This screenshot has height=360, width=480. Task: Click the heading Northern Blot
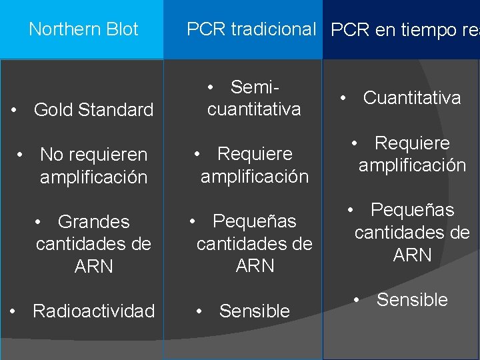83,29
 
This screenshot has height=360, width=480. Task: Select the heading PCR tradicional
251,29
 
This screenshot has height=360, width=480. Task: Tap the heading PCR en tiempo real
404,30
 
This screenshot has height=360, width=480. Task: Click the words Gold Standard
93,110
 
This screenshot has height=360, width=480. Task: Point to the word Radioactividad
93,311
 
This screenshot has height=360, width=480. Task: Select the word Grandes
93,221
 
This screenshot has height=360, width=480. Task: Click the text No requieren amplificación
93,166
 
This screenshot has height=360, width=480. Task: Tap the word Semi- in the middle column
254,87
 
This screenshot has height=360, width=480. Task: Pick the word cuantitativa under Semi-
254,109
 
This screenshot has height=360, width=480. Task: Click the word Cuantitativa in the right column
411,98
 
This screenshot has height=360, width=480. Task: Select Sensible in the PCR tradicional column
254,311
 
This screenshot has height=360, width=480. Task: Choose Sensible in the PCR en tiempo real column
412,300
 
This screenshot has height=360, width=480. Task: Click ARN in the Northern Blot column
94,267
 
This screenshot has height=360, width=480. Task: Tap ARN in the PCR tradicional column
255,266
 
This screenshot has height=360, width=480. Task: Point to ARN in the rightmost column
413,255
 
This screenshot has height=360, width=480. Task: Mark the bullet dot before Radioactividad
13,311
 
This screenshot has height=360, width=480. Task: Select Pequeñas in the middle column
254,221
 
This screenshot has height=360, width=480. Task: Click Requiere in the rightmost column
412,143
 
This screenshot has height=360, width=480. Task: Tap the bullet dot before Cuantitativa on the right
343,97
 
